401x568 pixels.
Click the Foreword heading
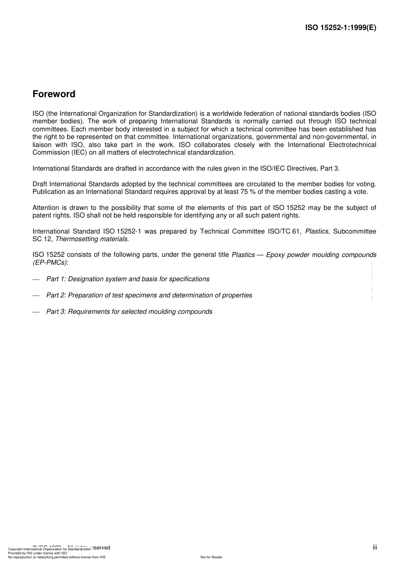[54, 94]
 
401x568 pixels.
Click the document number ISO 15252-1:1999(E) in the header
[340, 28]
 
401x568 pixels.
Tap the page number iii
[374, 547]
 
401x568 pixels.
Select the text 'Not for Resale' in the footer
[211, 557]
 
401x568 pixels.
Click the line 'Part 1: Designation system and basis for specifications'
[127, 279]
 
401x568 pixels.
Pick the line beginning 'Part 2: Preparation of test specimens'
[149, 295]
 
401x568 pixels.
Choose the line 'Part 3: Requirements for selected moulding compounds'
[129, 312]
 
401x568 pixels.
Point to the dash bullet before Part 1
[36, 279]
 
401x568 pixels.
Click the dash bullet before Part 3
[36, 312]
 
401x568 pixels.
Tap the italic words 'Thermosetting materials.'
[92, 239]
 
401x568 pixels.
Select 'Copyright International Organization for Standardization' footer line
[49, 549]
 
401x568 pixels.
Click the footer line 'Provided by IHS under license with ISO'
[38, 553]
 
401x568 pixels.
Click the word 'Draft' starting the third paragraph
[40, 184]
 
